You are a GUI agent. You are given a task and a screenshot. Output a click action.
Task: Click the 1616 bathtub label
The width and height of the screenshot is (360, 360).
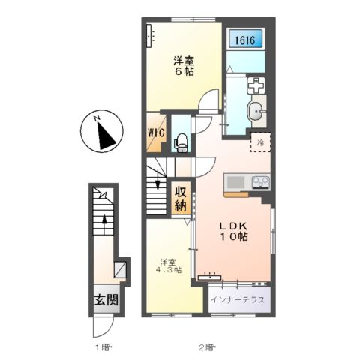(245, 40)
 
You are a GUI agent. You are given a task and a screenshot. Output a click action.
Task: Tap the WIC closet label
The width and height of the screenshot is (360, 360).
(157, 133)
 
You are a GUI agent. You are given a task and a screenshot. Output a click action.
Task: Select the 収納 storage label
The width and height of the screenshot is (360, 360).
(181, 199)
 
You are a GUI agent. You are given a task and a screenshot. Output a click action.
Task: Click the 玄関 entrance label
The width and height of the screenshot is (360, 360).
(106, 300)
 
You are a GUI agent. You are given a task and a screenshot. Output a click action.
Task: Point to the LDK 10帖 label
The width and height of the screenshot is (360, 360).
(234, 231)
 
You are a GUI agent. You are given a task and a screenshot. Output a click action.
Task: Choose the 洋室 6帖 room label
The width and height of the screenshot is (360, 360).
(184, 66)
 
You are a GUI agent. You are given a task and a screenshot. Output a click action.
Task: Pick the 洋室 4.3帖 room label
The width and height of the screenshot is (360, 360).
(169, 265)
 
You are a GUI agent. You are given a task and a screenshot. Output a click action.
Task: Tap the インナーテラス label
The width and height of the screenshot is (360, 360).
(238, 299)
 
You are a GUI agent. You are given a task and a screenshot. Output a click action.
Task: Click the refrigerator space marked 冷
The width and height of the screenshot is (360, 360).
(261, 142)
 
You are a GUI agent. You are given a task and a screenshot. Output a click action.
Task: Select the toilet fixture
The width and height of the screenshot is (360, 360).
(181, 142)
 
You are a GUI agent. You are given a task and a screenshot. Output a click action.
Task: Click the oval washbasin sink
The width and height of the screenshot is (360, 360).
(256, 111)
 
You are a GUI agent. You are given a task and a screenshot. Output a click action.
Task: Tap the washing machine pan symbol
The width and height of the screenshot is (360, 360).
(256, 85)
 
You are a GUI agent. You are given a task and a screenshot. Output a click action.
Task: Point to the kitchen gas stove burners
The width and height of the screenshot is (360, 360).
(261, 181)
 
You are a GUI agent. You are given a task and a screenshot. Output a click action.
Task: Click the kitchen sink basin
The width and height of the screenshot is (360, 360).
(235, 182)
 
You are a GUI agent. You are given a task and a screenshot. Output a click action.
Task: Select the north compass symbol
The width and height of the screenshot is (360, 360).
(102, 131)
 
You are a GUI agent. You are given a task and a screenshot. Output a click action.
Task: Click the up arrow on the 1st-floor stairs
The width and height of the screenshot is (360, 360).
(104, 223)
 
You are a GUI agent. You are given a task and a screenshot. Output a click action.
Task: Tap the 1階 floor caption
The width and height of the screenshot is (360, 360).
(102, 347)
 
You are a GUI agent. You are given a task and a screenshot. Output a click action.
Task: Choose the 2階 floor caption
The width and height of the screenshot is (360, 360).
(207, 347)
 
